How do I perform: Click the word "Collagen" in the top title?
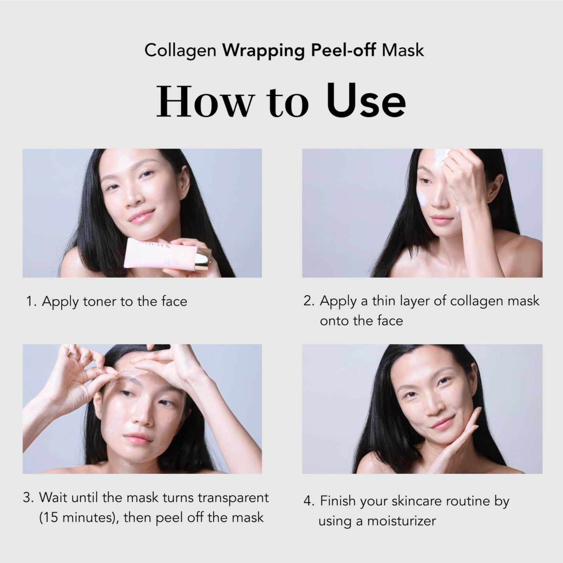click(180, 51)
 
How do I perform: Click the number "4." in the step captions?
click(309, 501)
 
